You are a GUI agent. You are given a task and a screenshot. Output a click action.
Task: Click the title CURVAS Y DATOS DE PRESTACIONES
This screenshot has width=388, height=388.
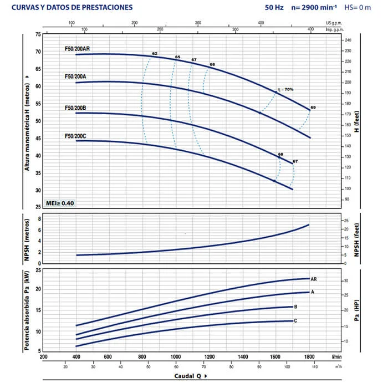[72, 8]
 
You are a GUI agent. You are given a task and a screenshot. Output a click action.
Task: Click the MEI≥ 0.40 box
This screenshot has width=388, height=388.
[59, 202]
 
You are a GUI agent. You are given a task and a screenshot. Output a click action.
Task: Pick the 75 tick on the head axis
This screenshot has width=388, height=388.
[38, 34]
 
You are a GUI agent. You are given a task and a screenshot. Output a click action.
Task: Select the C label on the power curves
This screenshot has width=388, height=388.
[295, 321]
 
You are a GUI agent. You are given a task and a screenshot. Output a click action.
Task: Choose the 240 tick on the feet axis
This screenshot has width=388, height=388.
[348, 41]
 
